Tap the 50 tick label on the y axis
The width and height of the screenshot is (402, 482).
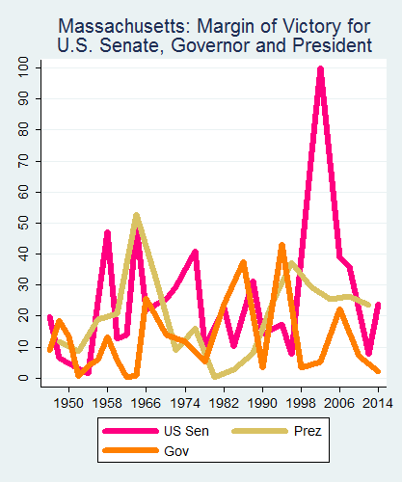[22, 223]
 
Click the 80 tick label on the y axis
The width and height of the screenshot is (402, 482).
[22, 130]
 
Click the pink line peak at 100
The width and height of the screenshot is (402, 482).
[320, 69]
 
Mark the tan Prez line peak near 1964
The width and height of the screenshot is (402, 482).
[137, 215]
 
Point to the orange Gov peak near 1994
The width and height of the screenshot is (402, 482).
[281, 245]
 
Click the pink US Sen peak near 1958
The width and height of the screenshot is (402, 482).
[107, 232]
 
